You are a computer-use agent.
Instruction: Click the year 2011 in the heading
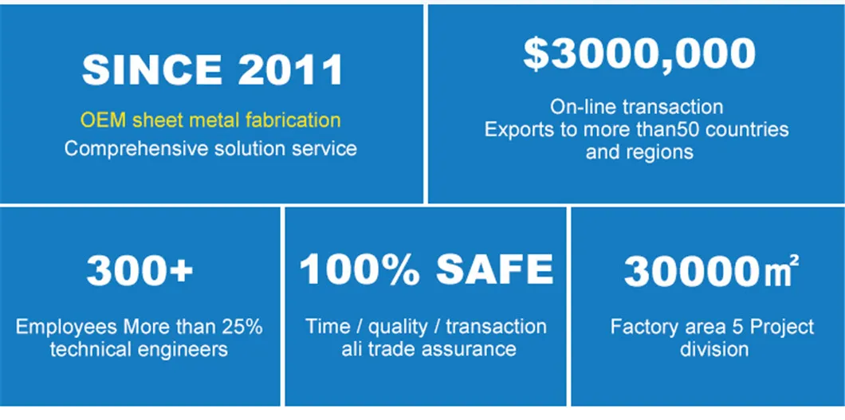(x=290, y=70)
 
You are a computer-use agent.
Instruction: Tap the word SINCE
(x=151, y=70)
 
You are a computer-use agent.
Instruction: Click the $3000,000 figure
(x=639, y=54)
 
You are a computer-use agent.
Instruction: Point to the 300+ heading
(x=140, y=269)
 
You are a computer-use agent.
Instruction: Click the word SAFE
(x=494, y=269)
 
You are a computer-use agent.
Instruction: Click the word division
(x=714, y=349)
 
